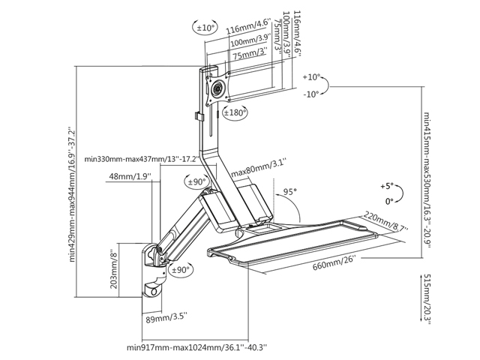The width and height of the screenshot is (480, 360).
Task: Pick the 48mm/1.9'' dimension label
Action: click(x=130, y=176)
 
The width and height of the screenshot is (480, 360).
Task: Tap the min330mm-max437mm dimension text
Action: click(x=142, y=159)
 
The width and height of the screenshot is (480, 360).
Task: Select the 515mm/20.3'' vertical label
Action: click(x=427, y=298)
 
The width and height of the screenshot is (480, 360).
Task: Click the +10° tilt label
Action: click(x=312, y=77)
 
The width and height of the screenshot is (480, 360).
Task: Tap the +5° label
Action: click(x=387, y=185)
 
